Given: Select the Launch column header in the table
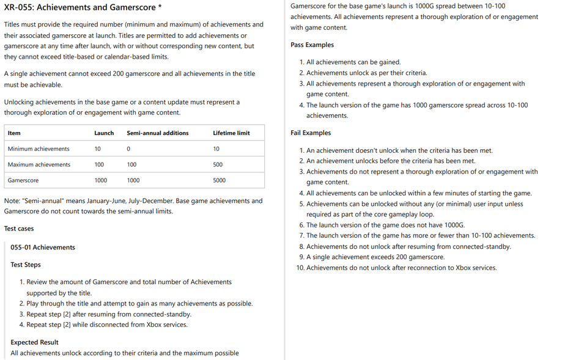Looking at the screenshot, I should point(103,133).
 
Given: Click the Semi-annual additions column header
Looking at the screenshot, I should point(157,133).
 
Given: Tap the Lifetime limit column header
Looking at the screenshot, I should point(231,133).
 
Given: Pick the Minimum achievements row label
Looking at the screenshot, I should point(39,149).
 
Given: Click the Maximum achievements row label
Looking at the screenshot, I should point(39,164).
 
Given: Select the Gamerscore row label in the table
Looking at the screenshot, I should point(23,180).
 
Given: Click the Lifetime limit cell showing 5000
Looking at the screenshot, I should point(219,180).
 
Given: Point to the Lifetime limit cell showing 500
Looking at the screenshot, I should point(218,164).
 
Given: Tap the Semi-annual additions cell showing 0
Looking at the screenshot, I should point(128,149).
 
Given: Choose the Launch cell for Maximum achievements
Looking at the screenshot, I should point(99,164).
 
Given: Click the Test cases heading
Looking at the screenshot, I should point(19,229).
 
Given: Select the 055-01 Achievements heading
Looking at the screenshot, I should point(43,248).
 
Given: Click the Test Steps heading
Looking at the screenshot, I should point(26,265).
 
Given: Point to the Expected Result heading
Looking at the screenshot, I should point(35,342).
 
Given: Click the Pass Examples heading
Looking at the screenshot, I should point(312,45).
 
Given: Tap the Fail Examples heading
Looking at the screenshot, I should point(311,133).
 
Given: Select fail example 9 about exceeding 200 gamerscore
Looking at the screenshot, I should point(375,257).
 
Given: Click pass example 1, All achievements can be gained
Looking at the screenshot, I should point(353,62).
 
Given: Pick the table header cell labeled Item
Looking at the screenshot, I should point(14,133).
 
